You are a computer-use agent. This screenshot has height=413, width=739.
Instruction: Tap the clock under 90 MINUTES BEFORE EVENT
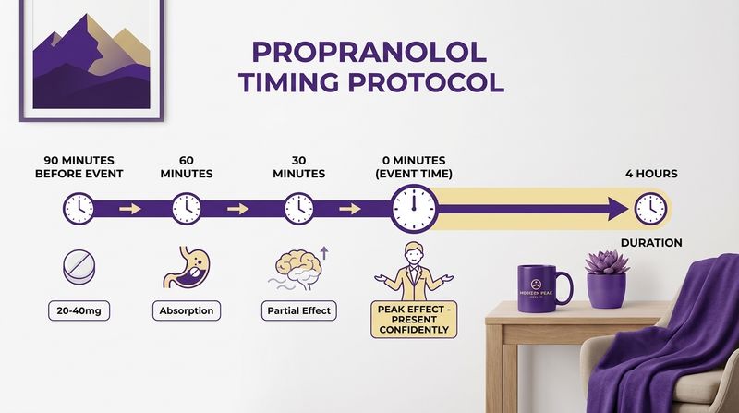click(79, 208)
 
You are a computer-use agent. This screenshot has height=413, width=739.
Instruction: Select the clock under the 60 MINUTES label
click(186, 208)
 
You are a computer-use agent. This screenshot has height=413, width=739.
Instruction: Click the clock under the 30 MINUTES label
click(298, 208)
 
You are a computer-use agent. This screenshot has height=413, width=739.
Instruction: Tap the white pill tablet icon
click(79, 269)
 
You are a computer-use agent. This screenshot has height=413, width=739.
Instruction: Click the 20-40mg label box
click(79, 310)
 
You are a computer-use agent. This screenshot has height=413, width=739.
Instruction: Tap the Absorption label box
click(186, 310)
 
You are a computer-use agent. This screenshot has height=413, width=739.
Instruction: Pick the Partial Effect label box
click(298, 310)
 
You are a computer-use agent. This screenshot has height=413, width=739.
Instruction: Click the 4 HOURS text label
click(650, 174)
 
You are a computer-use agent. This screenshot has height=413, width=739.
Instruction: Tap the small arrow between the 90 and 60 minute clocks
click(130, 209)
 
